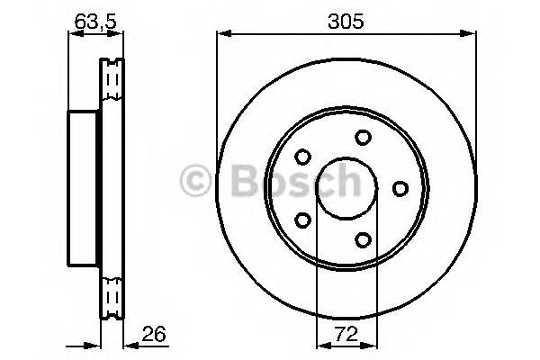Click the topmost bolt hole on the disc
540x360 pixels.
coord(363,137)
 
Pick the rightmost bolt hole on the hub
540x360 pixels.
coord(400,187)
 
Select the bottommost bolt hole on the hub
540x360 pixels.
coord(363,238)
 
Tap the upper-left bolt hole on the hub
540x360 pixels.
coord(302,156)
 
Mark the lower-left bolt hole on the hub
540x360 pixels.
coord(302,219)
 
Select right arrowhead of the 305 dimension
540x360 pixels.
coord(472,35)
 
